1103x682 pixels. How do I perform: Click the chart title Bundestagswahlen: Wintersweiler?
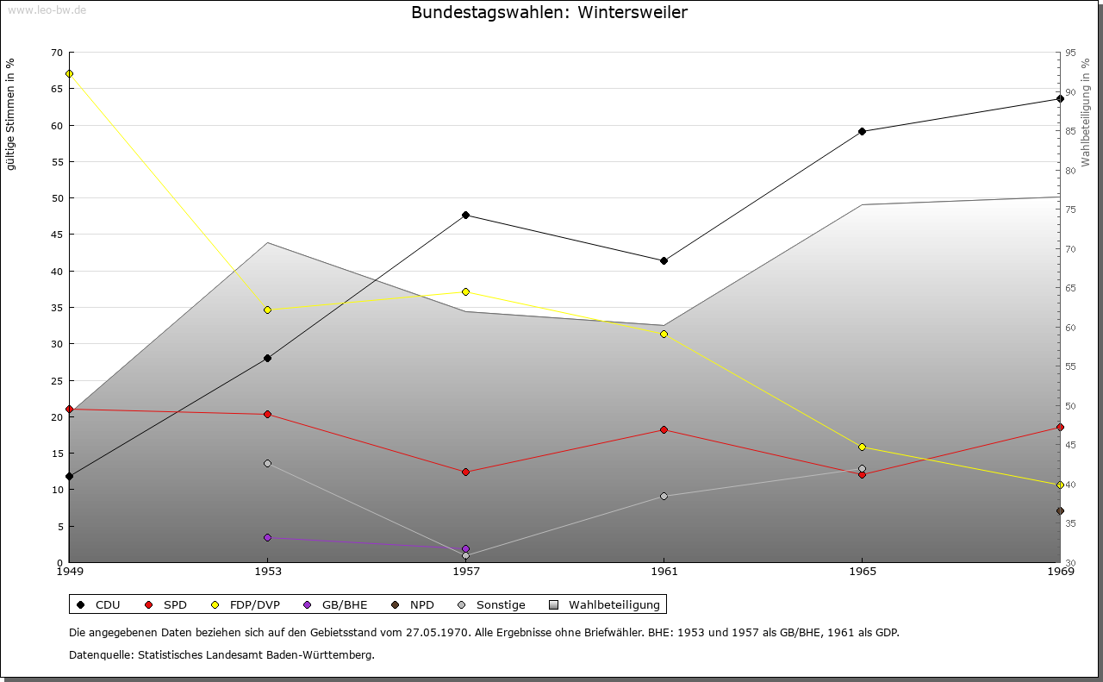pyautogui.click(x=549, y=13)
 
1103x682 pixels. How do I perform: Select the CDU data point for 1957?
pyautogui.click(x=465, y=215)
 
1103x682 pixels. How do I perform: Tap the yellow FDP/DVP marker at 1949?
pyautogui.click(x=69, y=73)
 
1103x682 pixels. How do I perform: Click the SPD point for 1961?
pyautogui.click(x=664, y=429)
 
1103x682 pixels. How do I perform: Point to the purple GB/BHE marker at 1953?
pyautogui.click(x=267, y=537)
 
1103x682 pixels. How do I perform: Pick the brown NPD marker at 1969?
pyautogui.click(x=1060, y=510)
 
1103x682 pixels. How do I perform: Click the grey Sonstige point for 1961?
pyautogui.click(x=664, y=496)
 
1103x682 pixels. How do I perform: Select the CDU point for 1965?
pyautogui.click(x=862, y=131)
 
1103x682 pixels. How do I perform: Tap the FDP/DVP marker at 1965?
pyautogui.click(x=862, y=447)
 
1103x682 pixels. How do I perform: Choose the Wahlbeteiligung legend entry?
pyautogui.click(x=614, y=604)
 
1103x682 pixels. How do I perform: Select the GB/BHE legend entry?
pyautogui.click(x=343, y=604)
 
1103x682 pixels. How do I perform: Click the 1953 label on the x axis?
pyautogui.click(x=267, y=571)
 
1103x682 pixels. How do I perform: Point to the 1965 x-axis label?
pyautogui.click(x=862, y=571)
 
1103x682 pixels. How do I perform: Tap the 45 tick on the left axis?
pyautogui.click(x=56, y=235)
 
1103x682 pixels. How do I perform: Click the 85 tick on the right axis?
pyautogui.click(x=1070, y=131)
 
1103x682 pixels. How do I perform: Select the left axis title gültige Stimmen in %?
pyautogui.click(x=11, y=114)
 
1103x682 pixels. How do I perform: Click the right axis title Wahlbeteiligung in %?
pyautogui.click(x=1086, y=113)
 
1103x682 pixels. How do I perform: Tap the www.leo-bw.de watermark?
pyautogui.click(x=46, y=9)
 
